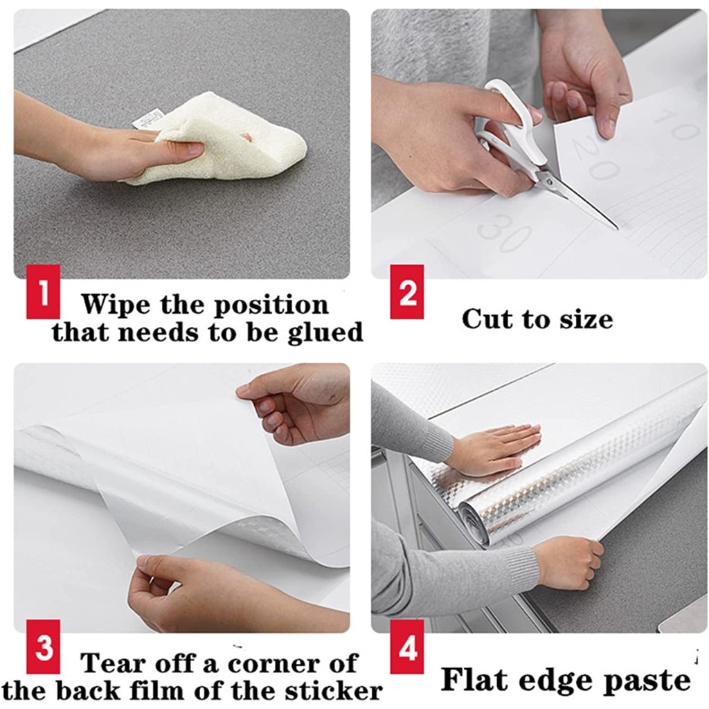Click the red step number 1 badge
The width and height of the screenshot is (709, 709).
tap(44, 291)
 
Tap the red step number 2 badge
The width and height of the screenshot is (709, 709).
tap(407, 291)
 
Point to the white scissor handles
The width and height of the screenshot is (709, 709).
tap(509, 121)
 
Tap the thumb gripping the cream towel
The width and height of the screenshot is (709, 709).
tap(183, 147)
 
